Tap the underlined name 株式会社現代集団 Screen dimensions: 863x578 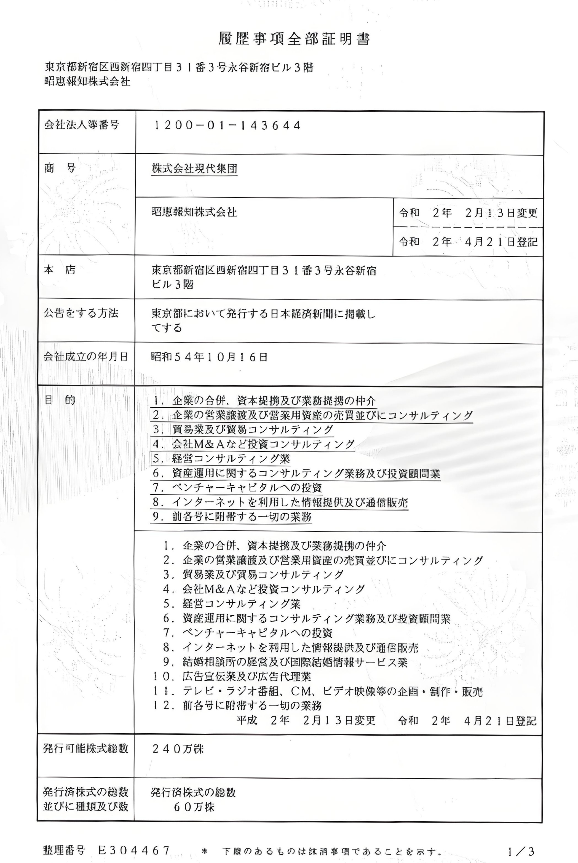pyautogui.click(x=194, y=169)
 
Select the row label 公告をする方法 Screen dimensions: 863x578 pyautogui.click(x=81, y=313)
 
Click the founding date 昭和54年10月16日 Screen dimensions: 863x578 pyautogui.click(x=209, y=357)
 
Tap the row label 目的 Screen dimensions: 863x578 pyautogui.click(x=60, y=400)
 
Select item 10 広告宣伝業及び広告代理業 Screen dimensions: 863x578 pyautogui.click(x=232, y=677)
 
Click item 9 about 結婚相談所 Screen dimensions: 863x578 pyautogui.click(x=285, y=662)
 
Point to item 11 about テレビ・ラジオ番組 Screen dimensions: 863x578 pyautogui.click(x=318, y=691)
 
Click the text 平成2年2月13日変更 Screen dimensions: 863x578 pyautogui.click(x=306, y=720)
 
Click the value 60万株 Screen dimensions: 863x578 pyautogui.click(x=194, y=807)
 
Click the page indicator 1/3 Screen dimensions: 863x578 pyautogui.click(x=521, y=851)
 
